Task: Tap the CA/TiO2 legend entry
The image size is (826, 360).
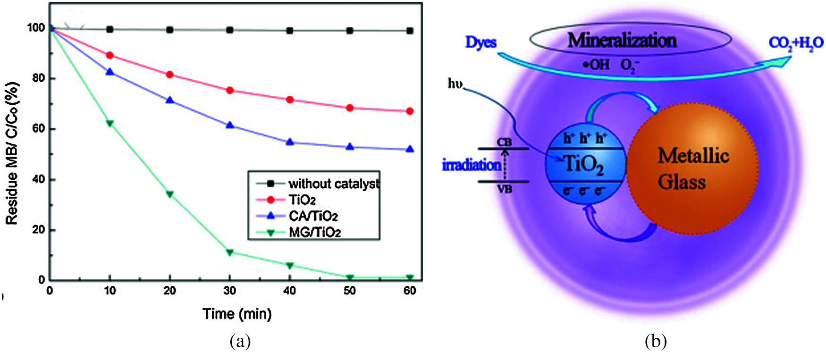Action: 313,216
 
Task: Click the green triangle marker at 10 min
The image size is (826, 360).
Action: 110,124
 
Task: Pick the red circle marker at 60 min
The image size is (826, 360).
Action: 410,111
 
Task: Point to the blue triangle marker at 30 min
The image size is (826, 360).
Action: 230,125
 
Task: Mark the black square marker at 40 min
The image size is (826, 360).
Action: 290,31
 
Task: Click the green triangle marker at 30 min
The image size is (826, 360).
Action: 230,252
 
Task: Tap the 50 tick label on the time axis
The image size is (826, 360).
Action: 350,291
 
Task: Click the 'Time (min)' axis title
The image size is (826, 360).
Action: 237,314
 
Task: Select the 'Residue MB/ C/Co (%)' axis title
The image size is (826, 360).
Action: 13,153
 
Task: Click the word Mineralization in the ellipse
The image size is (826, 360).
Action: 622,41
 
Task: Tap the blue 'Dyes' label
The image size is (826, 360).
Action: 480,42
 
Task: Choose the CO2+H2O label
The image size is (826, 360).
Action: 796,43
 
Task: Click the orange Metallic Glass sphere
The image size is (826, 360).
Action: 692,168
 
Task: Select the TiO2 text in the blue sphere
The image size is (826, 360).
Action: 584,165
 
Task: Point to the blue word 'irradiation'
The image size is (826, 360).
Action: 471,165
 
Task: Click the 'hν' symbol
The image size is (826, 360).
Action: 455,84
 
